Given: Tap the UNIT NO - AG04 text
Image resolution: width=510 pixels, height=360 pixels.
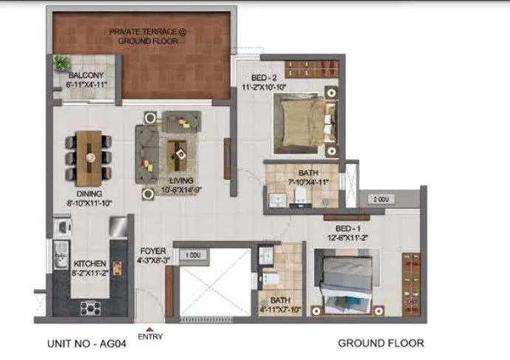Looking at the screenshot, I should coord(86,343).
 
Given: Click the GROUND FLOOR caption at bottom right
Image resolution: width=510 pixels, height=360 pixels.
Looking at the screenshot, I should coord(381,343).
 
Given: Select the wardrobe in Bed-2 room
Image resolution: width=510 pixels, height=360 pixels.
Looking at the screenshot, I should coord(313,69).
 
